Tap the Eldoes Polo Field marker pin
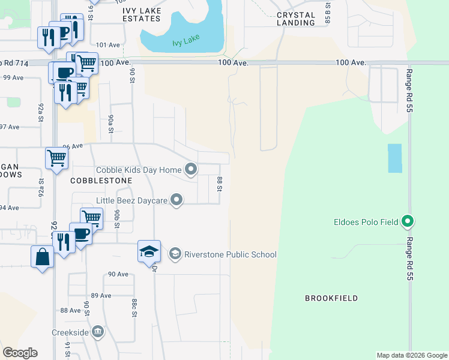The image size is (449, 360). coord(408,222)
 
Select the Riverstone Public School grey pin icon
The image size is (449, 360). coord(175,254)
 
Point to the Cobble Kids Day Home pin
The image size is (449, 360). coord(191,170)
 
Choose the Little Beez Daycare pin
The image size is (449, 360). coord(176,200)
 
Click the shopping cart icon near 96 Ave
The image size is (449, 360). coord(56,158)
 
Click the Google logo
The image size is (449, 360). coord(20,353)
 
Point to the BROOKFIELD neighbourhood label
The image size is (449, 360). coord(331,298)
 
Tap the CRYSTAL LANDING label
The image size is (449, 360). coord(296,19)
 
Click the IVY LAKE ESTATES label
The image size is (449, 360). coord(143,14)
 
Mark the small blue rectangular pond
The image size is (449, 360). coord(394,158)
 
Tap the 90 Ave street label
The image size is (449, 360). coord(118,274)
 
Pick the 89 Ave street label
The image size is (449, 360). coord(102,295)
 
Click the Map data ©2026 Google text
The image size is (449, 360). coord(412,355)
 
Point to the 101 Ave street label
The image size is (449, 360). coord(108,45)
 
